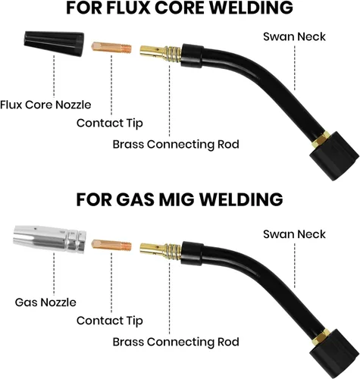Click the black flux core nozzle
54,43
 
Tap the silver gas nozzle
49,239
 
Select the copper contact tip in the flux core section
111,48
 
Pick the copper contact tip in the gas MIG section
111,245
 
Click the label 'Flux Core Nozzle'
45,105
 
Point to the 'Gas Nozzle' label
45,302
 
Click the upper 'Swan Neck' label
294,36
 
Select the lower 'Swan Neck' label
294,234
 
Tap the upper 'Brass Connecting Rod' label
176,145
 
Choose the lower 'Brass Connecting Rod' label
176,342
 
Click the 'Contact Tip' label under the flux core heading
110,124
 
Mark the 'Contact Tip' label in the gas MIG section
110,321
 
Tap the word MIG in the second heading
176,199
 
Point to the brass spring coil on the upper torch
172,54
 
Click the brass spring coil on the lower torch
172,251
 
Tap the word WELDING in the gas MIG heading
242,199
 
